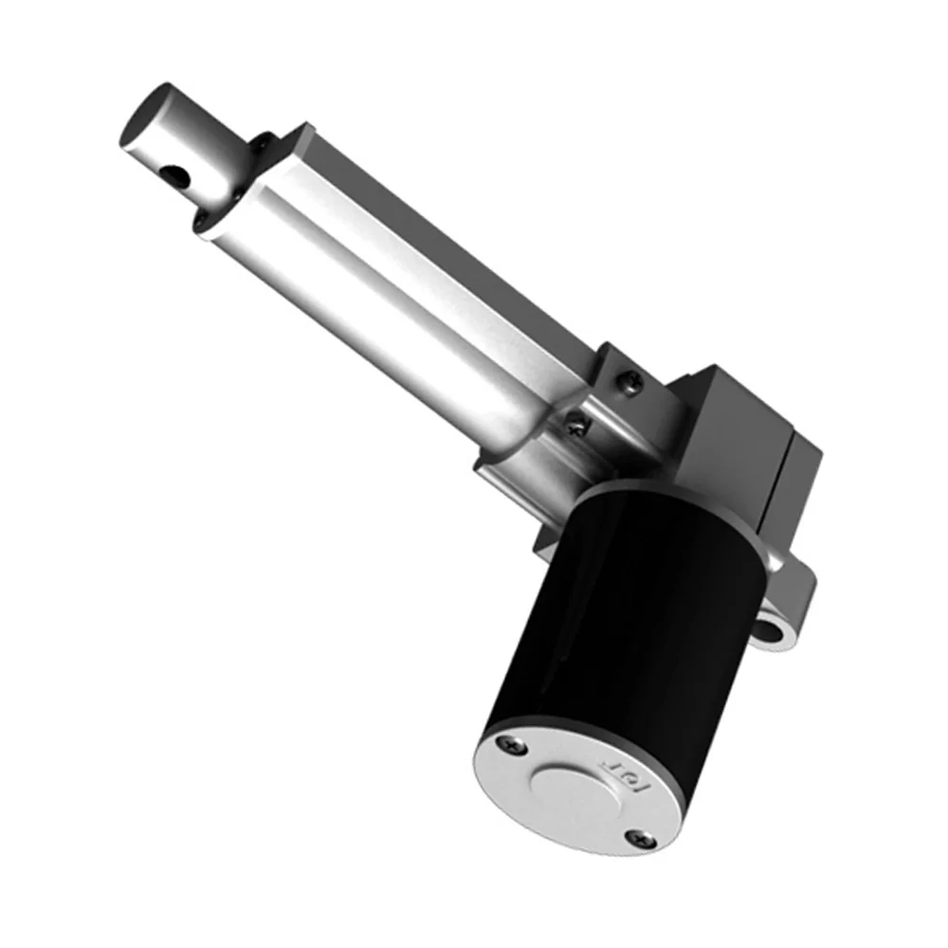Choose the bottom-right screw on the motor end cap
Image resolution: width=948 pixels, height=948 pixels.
640,836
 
